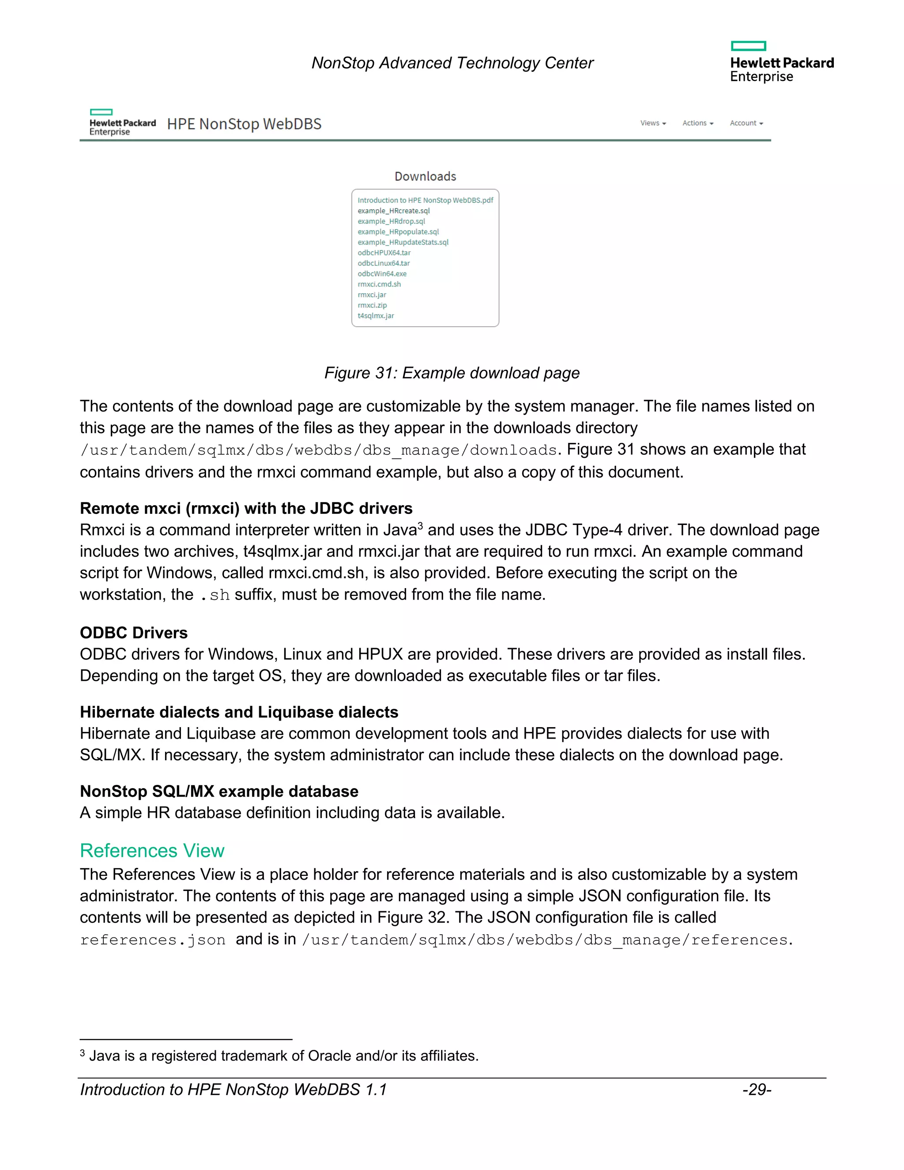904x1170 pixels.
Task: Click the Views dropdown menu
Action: tap(653, 123)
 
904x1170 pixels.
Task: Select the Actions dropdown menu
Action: tap(697, 123)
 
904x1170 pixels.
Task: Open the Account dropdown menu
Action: tap(746, 123)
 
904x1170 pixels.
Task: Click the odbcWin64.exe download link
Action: tap(382, 274)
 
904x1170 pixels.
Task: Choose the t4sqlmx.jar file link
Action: tap(376, 316)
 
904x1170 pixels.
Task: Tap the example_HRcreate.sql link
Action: tap(394, 211)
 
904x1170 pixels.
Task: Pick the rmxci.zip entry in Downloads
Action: tap(372, 306)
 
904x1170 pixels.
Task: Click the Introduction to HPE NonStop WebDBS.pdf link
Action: tap(425, 200)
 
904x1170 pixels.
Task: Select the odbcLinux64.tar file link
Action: tap(384, 263)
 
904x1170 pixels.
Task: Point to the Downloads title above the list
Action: tap(425, 176)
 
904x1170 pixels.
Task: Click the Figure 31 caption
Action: tap(452, 373)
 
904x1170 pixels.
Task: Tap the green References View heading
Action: tap(152, 851)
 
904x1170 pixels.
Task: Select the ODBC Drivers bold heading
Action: tap(133, 633)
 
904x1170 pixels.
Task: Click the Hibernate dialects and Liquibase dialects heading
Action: tap(239, 712)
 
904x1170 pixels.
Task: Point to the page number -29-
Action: tap(756, 1090)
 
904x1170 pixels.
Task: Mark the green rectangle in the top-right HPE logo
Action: tap(748, 46)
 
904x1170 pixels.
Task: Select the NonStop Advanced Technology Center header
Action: tap(452, 63)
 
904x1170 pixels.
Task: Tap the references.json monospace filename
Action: tap(153, 940)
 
